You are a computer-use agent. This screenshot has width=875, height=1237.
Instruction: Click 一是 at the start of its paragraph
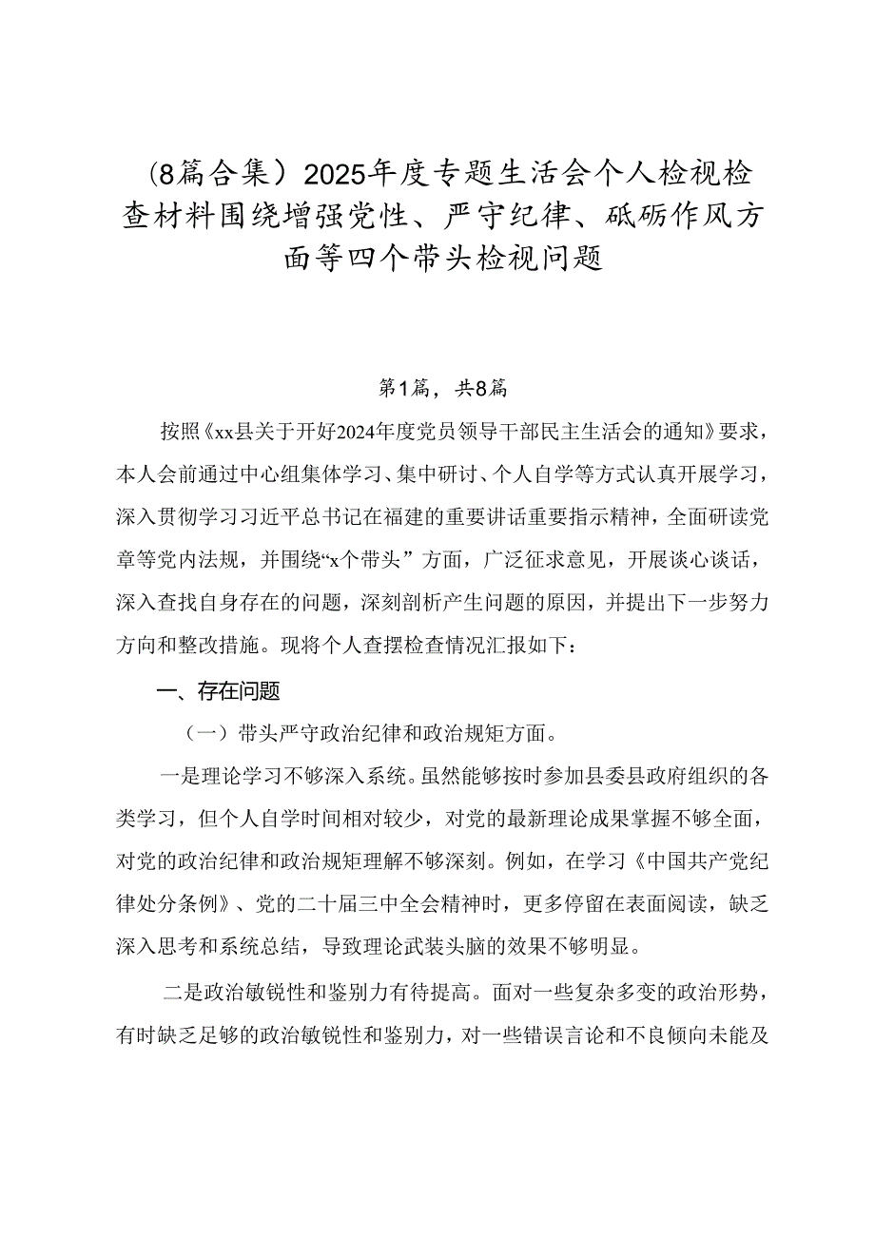tap(180, 776)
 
